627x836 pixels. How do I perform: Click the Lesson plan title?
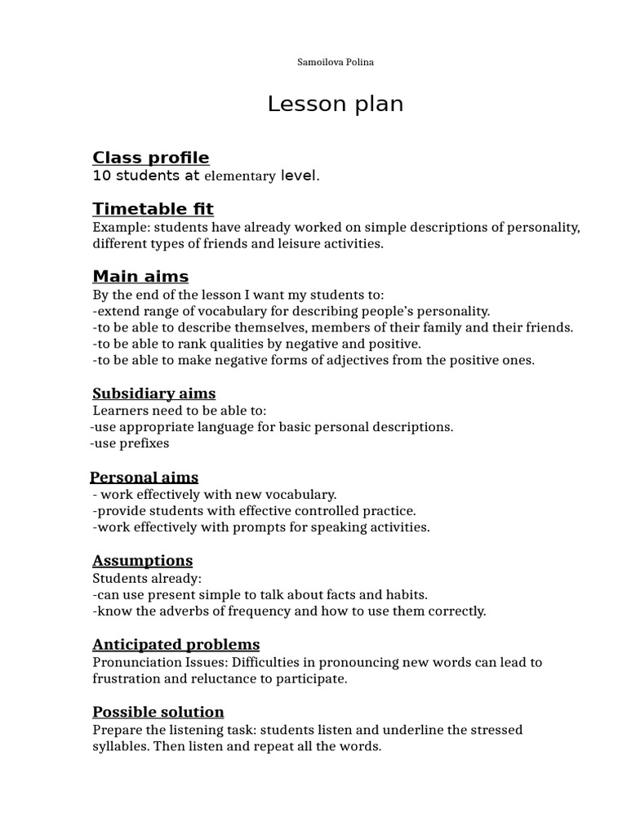tap(336, 104)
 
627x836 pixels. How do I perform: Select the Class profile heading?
tap(151, 158)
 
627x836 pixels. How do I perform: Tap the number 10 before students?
tap(101, 176)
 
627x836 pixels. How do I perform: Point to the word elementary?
tap(239, 176)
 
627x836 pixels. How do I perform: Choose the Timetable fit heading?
tap(153, 209)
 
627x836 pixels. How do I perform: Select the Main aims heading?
tap(140, 276)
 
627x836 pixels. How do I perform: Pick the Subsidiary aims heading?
tap(154, 394)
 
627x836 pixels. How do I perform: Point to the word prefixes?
tap(143, 443)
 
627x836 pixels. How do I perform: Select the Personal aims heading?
tap(144, 478)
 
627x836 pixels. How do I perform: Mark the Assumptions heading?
tap(143, 561)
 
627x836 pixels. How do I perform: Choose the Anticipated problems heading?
tap(176, 645)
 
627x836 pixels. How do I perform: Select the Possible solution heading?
tap(158, 712)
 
